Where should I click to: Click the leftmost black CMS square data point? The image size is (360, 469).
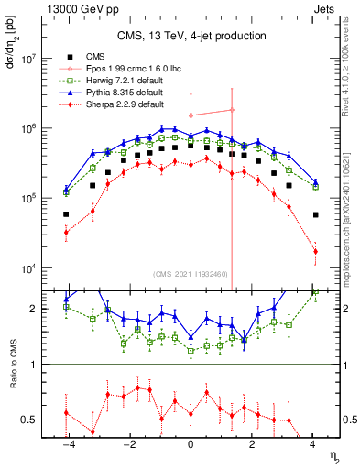(x=66, y=214)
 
